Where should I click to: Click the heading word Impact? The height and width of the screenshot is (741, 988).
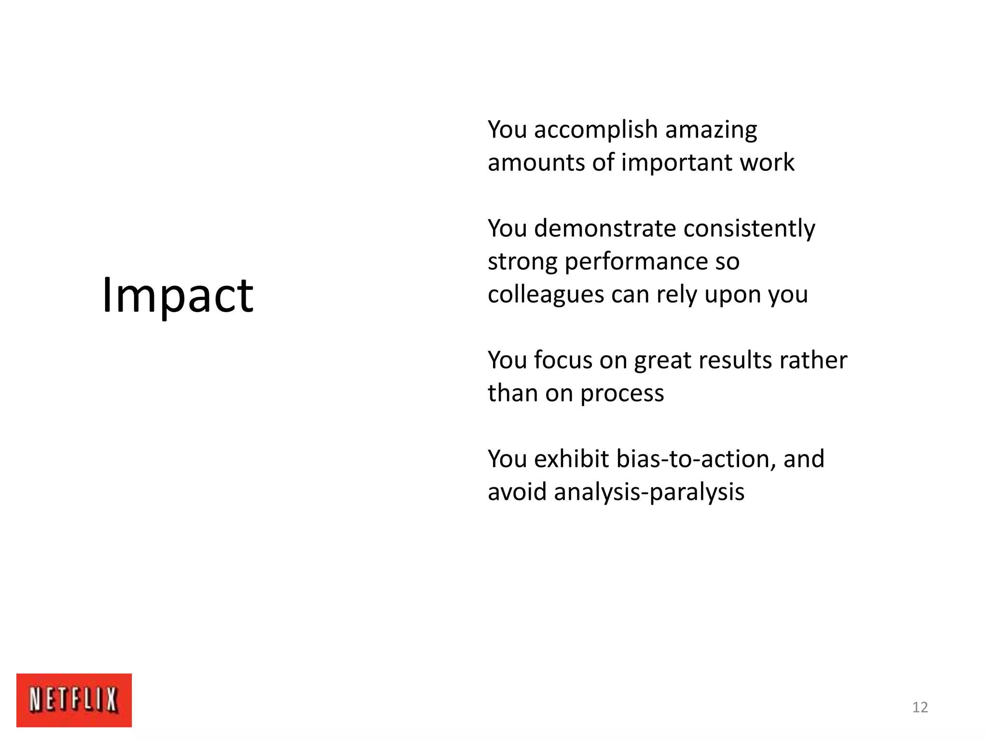click(x=178, y=295)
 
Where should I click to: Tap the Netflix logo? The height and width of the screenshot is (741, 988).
click(x=74, y=700)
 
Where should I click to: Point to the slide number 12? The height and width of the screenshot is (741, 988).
click(x=920, y=707)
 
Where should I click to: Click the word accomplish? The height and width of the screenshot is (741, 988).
click(x=596, y=130)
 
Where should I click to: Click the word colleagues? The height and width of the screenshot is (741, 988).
click(x=546, y=295)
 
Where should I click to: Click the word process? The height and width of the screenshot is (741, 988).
click(x=622, y=394)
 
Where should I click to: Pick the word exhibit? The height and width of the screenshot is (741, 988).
click(x=571, y=459)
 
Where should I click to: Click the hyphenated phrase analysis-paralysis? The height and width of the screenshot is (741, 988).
click(x=649, y=493)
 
